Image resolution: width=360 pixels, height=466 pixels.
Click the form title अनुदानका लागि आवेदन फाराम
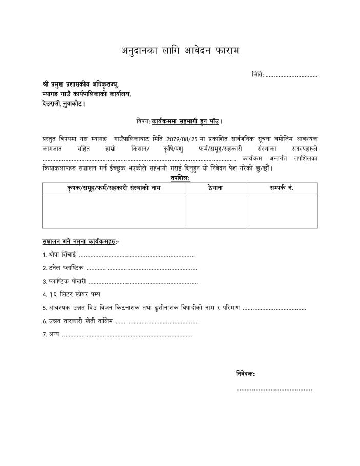180,50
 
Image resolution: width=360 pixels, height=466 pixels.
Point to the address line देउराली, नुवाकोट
63,104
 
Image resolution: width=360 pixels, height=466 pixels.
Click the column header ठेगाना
215,188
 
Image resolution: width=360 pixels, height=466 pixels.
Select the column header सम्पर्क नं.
282,188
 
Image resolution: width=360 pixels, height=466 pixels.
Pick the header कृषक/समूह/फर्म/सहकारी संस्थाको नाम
114,188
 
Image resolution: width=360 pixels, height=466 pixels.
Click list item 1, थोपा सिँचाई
62,255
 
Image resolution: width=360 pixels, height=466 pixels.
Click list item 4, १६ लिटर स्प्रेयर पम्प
74,294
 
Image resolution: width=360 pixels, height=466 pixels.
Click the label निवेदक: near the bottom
245,374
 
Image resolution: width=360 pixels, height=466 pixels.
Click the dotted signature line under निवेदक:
274,390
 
